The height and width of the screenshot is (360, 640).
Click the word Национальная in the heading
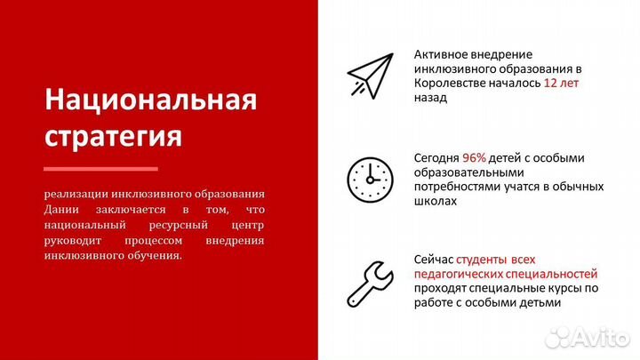(150, 100)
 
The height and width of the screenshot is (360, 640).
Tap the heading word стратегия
(113, 138)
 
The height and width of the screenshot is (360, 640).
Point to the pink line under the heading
(100, 169)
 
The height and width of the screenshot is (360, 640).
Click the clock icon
(370, 178)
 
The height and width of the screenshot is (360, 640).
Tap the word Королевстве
(451, 84)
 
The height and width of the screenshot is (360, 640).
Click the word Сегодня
(436, 158)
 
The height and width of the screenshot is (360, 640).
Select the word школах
(436, 202)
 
